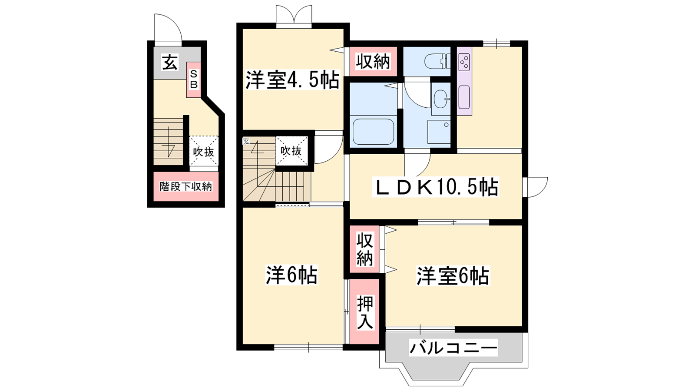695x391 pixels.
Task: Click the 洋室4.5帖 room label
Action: (x=292, y=80)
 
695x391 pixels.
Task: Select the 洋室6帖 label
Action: (x=453, y=275)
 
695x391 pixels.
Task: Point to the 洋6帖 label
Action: (x=291, y=275)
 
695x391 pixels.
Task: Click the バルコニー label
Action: (x=453, y=347)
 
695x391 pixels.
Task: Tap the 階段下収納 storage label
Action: (x=186, y=186)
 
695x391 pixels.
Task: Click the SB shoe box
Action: (x=194, y=80)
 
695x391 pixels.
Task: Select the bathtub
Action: (x=373, y=132)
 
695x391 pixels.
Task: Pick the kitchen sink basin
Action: (x=464, y=97)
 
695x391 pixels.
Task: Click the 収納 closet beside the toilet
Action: (x=373, y=61)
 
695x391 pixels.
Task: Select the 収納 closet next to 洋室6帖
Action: (x=364, y=249)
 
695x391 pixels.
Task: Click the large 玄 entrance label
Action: (x=169, y=63)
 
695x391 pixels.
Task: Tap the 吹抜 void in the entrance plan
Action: (x=204, y=152)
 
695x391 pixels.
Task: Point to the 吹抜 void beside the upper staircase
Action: (x=291, y=151)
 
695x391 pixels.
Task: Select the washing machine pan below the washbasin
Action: (x=439, y=132)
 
